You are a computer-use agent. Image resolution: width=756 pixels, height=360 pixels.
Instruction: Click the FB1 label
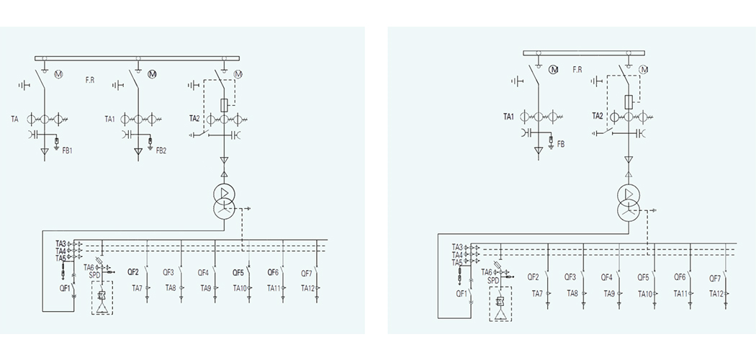click(x=68, y=150)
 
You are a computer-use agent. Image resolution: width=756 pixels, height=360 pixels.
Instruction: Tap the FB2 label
click(x=161, y=150)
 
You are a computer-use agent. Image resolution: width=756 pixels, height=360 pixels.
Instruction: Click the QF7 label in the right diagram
click(x=715, y=278)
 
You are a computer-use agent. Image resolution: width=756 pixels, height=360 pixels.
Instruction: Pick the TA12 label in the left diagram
click(x=307, y=288)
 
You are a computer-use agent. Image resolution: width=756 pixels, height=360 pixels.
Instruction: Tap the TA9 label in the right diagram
click(x=608, y=293)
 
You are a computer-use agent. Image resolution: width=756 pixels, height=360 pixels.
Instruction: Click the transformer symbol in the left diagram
click(x=224, y=199)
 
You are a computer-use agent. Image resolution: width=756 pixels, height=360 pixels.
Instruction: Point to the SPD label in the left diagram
click(x=94, y=275)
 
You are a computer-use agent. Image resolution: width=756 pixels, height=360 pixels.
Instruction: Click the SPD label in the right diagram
click(x=493, y=280)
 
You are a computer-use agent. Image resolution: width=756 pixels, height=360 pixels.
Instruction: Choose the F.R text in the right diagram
click(x=577, y=70)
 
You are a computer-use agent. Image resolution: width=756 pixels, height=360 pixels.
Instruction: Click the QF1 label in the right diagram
click(x=462, y=293)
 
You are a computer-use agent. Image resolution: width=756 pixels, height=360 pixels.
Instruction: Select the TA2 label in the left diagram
click(x=194, y=119)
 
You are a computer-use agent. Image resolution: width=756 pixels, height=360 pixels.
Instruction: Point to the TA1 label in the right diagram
click(x=508, y=117)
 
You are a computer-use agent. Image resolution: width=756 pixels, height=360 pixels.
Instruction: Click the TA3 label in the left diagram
click(x=60, y=244)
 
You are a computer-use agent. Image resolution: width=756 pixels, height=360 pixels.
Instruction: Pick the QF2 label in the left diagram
click(x=133, y=273)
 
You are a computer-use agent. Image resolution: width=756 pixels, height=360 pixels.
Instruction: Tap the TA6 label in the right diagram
click(x=487, y=272)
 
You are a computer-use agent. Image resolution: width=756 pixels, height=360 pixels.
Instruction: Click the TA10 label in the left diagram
click(x=240, y=288)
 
